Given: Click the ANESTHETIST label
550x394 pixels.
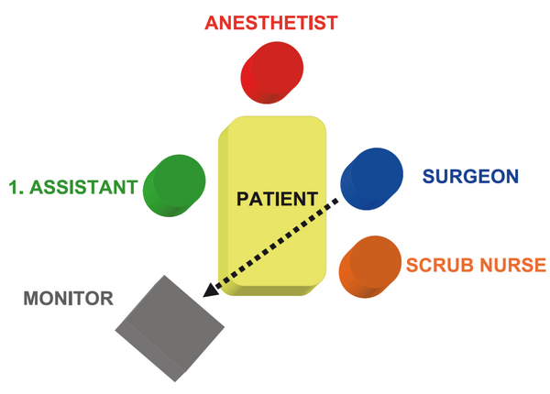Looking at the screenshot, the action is (271, 23).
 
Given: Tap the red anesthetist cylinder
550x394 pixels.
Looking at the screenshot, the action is (272, 72).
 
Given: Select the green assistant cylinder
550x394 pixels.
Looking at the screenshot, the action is (174, 186).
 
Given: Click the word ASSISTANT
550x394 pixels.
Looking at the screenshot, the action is (83, 187).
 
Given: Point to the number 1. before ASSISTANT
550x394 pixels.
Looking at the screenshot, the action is (16, 187).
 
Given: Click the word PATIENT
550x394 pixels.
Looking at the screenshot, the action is (277, 199).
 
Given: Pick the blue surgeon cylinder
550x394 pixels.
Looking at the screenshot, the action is (371, 179).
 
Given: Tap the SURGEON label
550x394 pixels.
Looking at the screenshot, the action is (470, 176).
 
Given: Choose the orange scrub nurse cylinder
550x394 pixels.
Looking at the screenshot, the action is (370, 267).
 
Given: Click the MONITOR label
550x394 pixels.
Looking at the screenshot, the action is (69, 299).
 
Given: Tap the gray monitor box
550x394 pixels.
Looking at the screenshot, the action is (170, 328).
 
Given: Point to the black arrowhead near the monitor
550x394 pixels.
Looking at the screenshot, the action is (211, 290).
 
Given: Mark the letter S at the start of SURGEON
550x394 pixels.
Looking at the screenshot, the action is (429, 176).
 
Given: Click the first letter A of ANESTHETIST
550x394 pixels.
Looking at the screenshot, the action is (213, 23).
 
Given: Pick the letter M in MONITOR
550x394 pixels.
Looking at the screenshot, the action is (31, 299).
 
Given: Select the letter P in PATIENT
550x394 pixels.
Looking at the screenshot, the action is (243, 199).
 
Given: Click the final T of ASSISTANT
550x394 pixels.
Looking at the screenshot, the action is (131, 187).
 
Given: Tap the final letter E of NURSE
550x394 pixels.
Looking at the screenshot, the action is (540, 265).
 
